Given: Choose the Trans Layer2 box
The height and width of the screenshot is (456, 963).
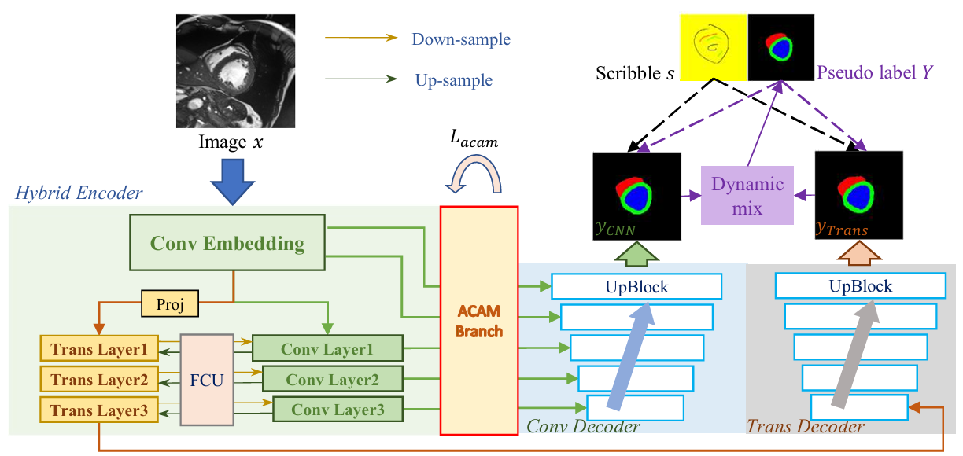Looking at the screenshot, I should point(99,380).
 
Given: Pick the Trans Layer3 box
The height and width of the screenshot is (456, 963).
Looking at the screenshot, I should point(99,410).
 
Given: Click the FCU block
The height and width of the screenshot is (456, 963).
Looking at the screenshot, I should point(207,380).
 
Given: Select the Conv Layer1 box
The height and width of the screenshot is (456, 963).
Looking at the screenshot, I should point(327,349).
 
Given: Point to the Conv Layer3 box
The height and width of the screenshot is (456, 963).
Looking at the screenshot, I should point(338,410).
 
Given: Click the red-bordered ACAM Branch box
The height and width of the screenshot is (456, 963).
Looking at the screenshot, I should point(479,320).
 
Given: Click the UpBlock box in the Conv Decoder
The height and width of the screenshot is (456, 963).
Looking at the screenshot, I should point(636,287).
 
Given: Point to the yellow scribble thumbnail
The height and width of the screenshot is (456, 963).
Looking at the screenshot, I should point(711,50).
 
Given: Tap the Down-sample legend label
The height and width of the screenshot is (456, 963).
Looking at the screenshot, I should point(461,39).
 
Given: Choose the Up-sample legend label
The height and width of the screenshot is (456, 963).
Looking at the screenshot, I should point(454,80).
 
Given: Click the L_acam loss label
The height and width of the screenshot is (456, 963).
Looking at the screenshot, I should point(474,142).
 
